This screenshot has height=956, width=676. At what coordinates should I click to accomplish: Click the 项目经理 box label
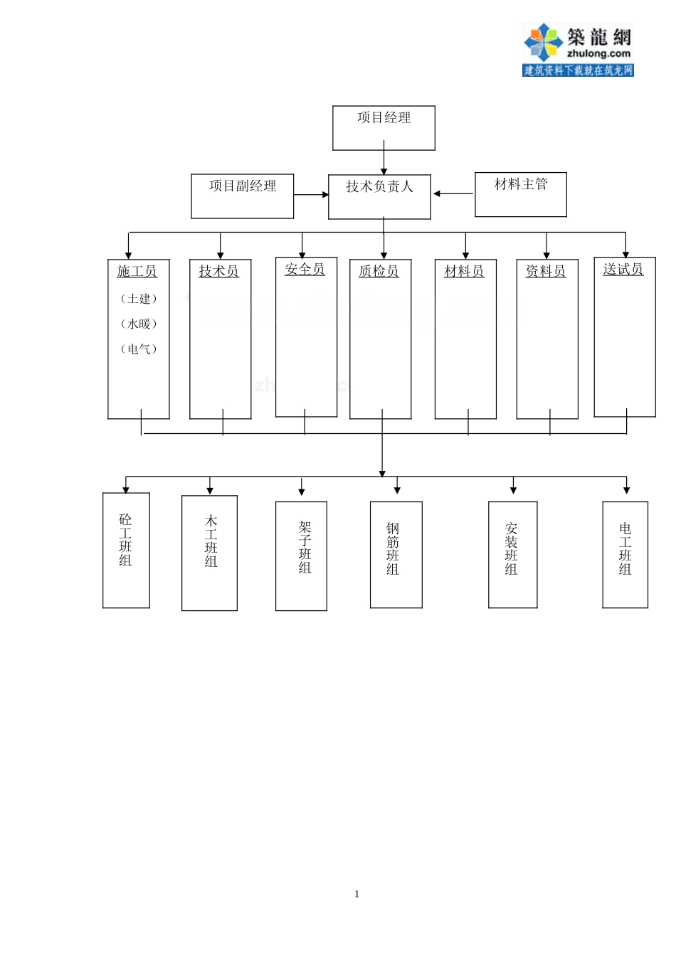pos(384,118)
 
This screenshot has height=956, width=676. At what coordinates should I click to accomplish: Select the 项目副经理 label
pos(243,186)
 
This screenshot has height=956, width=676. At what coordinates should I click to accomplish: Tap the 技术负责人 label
pos(379,187)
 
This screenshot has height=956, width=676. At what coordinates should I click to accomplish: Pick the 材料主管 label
pos(521,184)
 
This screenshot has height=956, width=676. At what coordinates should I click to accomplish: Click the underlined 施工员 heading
pos(137,272)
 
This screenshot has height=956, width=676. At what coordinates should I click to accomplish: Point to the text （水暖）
pos(138,324)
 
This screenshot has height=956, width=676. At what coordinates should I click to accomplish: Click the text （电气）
pos(138,349)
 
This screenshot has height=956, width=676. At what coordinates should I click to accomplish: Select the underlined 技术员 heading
pos(219,272)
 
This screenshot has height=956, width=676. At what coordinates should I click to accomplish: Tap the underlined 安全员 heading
pos(305,270)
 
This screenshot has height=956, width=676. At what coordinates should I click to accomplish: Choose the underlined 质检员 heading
pos(379,272)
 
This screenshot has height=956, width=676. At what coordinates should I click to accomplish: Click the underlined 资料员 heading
pos(546,272)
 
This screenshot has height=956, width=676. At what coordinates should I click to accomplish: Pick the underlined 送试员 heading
pos(623,270)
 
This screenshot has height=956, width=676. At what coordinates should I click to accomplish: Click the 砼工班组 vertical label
pos(126,540)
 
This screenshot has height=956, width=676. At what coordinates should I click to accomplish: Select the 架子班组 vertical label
pos(305,547)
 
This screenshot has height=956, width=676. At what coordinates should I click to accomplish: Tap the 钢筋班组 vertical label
pos(393,548)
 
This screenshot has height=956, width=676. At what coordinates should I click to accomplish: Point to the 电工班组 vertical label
pos(625,548)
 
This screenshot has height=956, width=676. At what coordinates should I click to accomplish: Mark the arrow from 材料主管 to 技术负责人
pos(453,193)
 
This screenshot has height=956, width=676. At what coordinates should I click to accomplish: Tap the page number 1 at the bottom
pos(357,894)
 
